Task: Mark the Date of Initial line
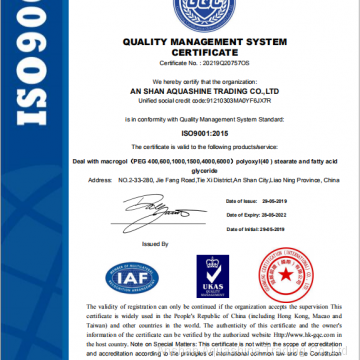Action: tap(277, 226)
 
